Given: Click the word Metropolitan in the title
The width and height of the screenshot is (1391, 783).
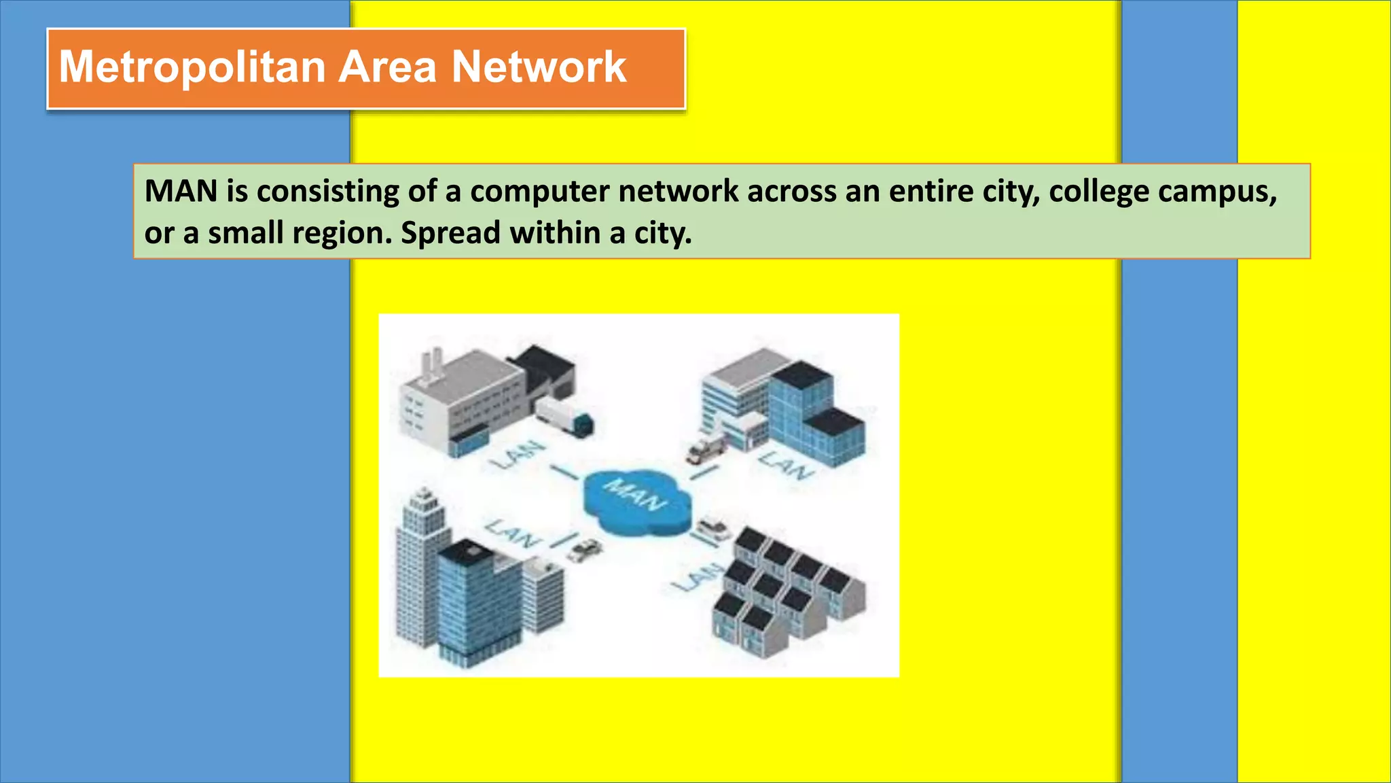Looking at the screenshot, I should (192, 67).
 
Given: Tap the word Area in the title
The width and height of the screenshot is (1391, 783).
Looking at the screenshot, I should (387, 67).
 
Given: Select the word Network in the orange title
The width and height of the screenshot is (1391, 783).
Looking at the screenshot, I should (539, 67).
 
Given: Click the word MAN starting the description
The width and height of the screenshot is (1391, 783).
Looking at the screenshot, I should (181, 192).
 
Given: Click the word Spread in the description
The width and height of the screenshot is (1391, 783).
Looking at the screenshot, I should (450, 233).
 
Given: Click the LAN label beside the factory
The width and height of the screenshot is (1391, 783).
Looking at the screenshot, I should (519, 455).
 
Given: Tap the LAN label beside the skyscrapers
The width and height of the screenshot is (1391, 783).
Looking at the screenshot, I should (513, 534).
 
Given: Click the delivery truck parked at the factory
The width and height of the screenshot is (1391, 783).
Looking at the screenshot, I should (564, 417).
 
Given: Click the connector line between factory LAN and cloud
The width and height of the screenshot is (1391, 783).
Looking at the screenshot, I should (563, 471).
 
